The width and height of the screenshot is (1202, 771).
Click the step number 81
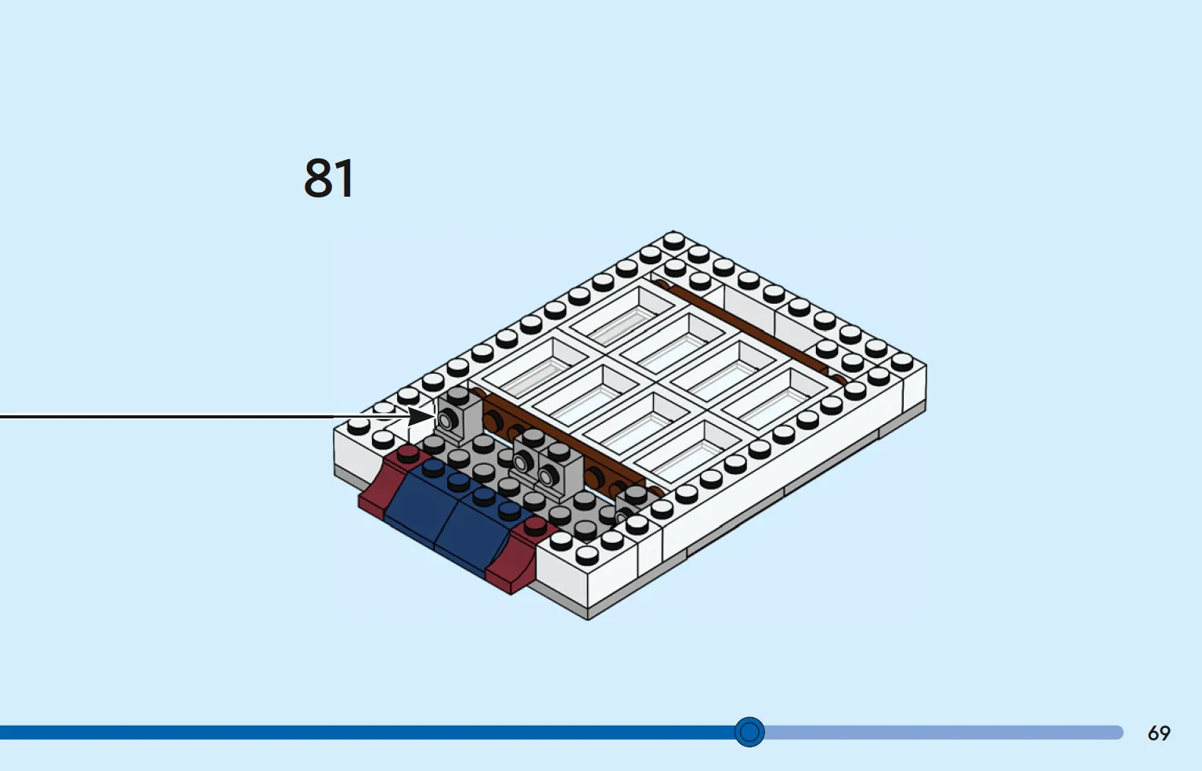329,178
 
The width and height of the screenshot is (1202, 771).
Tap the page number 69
1158,733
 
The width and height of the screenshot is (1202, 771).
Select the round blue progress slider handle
749,732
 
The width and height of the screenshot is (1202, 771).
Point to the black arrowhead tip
435,416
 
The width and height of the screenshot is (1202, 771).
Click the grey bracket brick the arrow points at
457,415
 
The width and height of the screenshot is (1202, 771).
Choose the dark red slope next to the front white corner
515,559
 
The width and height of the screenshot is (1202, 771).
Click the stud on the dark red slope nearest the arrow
408,454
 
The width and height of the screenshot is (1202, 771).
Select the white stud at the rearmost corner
673,240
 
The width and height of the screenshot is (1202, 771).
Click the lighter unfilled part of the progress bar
944,733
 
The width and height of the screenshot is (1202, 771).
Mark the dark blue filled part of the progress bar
367,733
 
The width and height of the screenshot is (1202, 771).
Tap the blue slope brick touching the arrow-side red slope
424,499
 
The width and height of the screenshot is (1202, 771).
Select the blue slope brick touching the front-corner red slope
472,529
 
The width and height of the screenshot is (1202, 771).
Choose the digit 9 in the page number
1165,733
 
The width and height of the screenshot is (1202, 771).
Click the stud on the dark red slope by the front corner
535,527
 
